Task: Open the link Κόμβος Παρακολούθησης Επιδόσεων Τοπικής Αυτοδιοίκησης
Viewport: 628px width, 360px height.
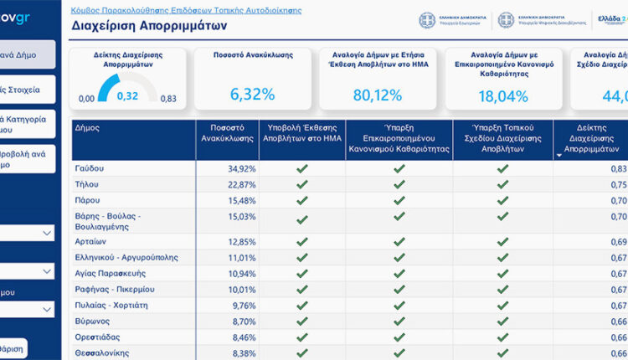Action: pyautogui.click(x=186, y=11)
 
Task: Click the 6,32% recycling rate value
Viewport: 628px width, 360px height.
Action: pyautogui.click(x=252, y=95)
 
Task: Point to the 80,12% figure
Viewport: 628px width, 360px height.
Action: pyautogui.click(x=378, y=95)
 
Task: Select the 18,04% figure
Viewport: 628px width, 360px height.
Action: pyautogui.click(x=503, y=95)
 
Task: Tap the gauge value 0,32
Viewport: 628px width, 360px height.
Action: pyautogui.click(x=127, y=95)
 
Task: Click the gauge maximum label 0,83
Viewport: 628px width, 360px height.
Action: pyautogui.click(x=168, y=99)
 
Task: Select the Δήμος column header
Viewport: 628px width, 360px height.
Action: pyautogui.click(x=87, y=128)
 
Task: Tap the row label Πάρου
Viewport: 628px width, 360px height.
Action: pyautogui.click(x=87, y=200)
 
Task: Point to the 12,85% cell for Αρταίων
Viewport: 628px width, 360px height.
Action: pyautogui.click(x=242, y=242)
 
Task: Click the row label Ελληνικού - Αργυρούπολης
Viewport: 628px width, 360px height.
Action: pyautogui.click(x=126, y=258)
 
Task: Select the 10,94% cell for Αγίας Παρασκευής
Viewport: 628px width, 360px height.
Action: pyautogui.click(x=242, y=274)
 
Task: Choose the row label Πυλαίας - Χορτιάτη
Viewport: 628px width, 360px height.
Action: pyautogui.click(x=110, y=306)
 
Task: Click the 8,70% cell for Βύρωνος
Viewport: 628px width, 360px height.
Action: pyautogui.click(x=244, y=321)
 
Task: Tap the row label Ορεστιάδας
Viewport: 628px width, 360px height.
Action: pyautogui.click(x=95, y=337)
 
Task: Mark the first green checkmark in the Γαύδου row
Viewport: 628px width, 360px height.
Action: pyautogui.click(x=301, y=168)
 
